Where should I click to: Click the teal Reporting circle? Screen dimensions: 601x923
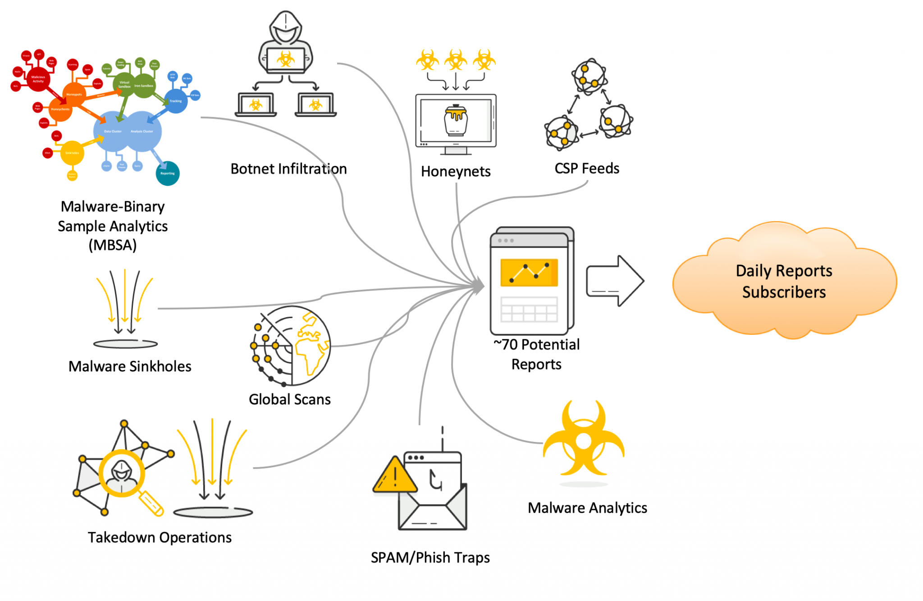(167, 173)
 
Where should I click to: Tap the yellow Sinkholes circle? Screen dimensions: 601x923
(72, 153)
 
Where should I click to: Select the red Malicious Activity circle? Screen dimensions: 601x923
(38, 79)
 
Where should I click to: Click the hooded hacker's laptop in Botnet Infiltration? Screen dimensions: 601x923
(285, 60)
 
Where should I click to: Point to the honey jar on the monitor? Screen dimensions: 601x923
(456, 120)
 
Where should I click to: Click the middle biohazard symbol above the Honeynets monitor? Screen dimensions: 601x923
(456, 59)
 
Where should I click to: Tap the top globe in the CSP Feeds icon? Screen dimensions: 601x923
(589, 76)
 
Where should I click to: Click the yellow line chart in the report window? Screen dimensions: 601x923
(529, 273)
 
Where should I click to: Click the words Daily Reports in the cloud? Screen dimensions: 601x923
(784, 271)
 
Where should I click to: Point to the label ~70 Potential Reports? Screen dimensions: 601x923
(536, 354)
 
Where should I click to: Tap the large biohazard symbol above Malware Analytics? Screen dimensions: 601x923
(584, 439)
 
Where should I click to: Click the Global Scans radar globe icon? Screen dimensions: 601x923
(291, 346)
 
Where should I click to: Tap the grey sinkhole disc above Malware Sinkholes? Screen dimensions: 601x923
(125, 344)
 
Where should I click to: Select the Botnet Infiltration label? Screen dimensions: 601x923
(288, 169)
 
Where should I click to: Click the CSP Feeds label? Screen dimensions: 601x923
(586, 168)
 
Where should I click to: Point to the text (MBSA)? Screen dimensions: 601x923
(112, 246)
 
